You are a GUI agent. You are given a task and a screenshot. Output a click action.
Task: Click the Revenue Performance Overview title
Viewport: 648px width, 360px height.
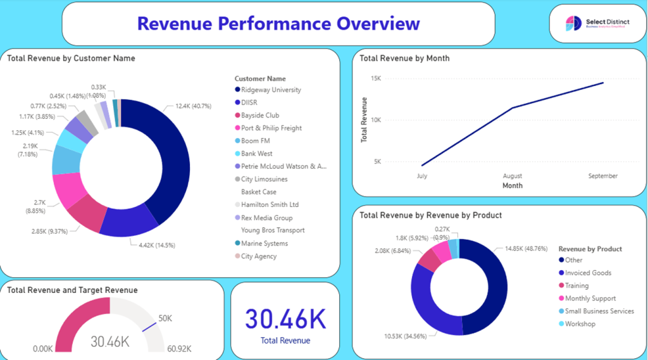[x=278, y=23]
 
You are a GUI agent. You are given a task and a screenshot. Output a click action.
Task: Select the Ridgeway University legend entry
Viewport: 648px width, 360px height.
[x=271, y=90]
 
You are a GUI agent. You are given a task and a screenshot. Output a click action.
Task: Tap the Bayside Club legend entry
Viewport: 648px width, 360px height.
[x=259, y=116]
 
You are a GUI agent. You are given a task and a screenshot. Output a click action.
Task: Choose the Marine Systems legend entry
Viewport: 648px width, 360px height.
[x=264, y=244]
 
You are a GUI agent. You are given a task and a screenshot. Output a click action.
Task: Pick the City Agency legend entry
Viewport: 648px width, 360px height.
[x=259, y=256]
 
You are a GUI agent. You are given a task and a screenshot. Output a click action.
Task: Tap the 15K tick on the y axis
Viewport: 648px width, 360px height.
[x=376, y=78]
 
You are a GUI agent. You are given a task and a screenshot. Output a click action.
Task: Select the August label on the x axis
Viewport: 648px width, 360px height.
[x=512, y=176]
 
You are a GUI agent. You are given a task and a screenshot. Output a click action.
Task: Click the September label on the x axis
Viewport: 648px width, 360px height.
[x=602, y=176]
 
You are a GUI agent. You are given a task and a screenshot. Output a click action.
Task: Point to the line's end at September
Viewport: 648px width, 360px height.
[x=603, y=82]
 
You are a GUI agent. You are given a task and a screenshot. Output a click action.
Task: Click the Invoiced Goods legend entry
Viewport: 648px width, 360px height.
[x=588, y=273]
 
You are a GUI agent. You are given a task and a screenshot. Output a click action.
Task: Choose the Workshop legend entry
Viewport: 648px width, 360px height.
[x=580, y=324]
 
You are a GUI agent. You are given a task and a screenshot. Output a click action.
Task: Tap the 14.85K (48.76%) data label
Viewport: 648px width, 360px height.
[x=525, y=249]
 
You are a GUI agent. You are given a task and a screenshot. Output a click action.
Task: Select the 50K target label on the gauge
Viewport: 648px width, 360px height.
[x=165, y=318]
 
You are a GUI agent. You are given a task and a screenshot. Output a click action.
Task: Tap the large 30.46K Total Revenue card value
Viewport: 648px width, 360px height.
[x=286, y=319]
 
